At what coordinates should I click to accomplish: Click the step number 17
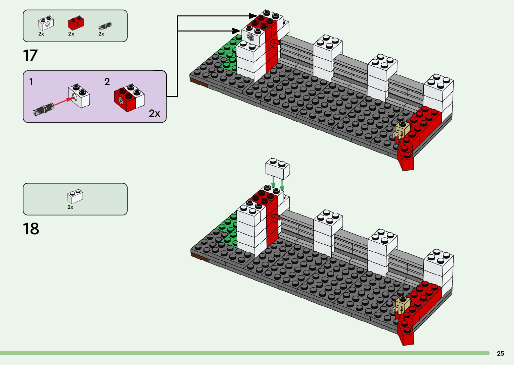[30, 56]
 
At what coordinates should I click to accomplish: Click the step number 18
[31, 229]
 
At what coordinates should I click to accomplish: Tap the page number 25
[500, 353]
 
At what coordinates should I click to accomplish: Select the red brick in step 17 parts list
[76, 23]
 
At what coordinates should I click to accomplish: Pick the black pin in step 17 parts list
[105, 26]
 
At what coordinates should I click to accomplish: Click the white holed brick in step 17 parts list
[46, 23]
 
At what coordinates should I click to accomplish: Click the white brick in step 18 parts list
[75, 196]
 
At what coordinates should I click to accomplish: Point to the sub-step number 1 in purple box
[31, 82]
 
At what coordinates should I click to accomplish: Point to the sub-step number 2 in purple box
[107, 82]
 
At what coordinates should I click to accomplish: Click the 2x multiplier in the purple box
[154, 113]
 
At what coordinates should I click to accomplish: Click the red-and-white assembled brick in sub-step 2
[130, 98]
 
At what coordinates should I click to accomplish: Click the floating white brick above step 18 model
[277, 168]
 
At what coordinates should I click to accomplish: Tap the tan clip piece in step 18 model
[402, 304]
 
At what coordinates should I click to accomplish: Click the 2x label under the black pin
[101, 34]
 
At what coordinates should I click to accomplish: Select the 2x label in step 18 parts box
[70, 207]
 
